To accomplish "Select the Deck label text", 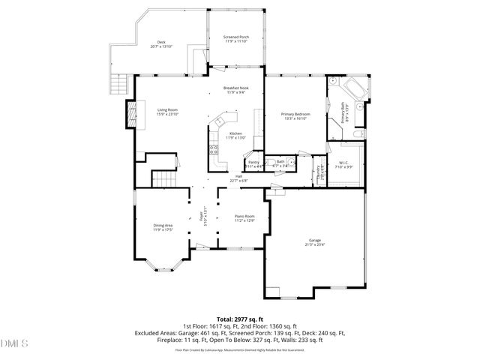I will click(161, 44).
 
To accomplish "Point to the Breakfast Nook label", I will click(236, 89).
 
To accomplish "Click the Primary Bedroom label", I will click(295, 115).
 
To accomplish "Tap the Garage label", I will click(314, 241).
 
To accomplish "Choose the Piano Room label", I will click(245, 218).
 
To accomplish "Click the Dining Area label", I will click(163, 227).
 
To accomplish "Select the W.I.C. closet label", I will click(343, 164).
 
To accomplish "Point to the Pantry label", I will click(253, 163).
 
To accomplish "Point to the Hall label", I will click(237, 178).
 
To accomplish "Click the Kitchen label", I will click(235, 135).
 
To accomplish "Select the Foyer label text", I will click(202, 217).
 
